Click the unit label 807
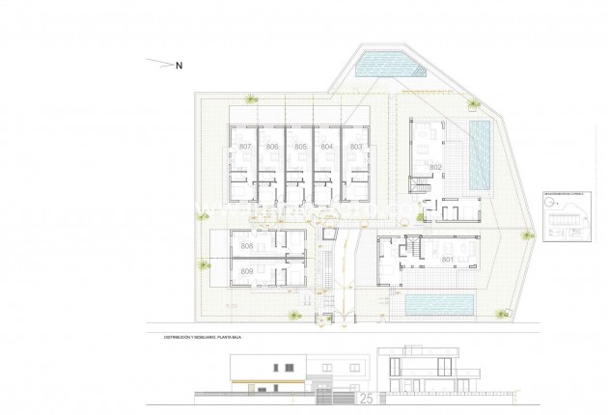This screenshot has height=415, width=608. point(245,146)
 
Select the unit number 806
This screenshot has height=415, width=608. point(273,146)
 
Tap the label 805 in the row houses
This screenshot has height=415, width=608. point(301,146)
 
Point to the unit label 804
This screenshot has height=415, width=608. point(328,146)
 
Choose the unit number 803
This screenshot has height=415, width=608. point(356,146)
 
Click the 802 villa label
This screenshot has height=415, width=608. point(435,168)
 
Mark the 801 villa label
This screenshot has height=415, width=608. point(447,260)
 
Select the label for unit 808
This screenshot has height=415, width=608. point(247,247)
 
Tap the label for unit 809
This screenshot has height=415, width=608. point(247,273)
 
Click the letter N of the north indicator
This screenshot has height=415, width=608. point(179,66)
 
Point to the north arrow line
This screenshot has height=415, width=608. point(158,64)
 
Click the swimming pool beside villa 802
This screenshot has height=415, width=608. point(479,154)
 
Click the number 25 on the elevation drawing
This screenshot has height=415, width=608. point(366,396)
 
